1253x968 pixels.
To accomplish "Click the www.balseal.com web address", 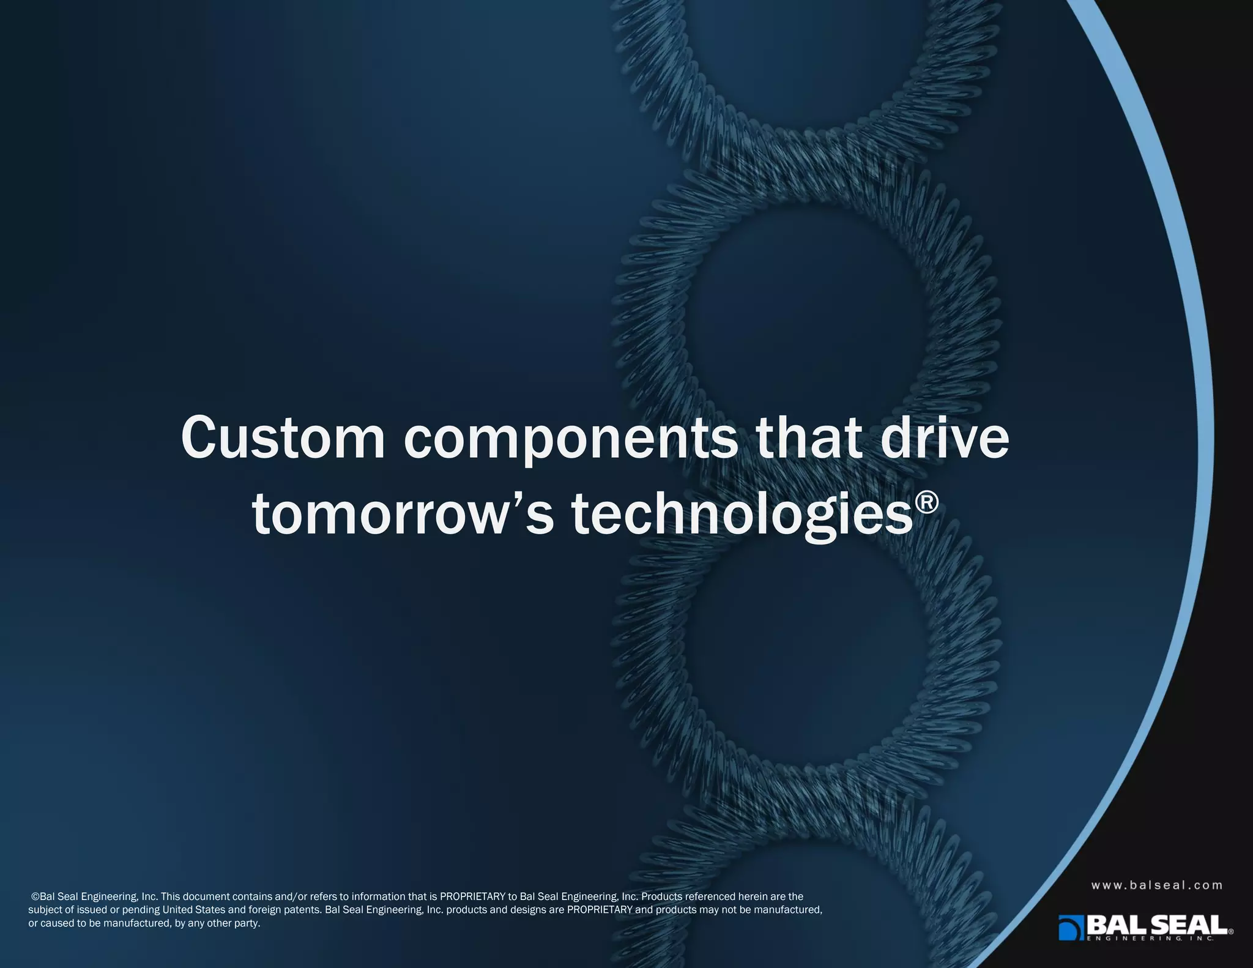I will (x=1156, y=885).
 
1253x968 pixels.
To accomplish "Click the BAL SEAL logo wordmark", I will (x=1156, y=924).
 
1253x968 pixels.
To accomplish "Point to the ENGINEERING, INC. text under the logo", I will (x=1150, y=939).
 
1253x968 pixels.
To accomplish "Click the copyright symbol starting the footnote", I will (x=35, y=896).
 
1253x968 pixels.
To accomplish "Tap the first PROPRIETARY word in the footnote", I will (x=472, y=896).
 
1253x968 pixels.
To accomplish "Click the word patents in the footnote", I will (x=303, y=909).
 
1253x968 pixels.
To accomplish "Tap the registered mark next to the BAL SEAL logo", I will (x=1230, y=931).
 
